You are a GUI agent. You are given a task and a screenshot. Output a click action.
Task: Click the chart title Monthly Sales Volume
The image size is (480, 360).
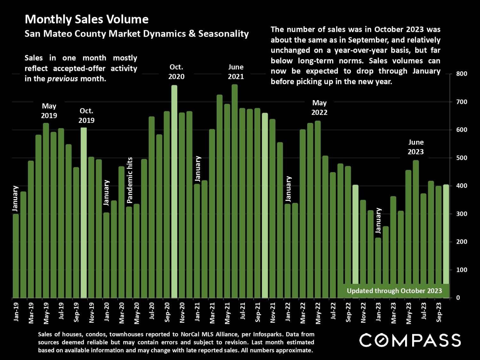(x=86, y=19)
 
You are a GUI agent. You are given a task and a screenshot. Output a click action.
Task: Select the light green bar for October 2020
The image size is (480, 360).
(x=174, y=192)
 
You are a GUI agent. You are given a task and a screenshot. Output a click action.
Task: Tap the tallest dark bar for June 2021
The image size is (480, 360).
(x=235, y=192)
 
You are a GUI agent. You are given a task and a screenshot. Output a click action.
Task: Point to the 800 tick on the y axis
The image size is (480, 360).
(x=461, y=74)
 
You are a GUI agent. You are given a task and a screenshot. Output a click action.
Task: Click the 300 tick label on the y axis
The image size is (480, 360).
(x=461, y=214)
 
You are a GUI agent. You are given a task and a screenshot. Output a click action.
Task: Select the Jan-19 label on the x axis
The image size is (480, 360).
(x=16, y=311)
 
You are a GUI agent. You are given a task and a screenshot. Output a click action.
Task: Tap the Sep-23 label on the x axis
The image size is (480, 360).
(x=439, y=312)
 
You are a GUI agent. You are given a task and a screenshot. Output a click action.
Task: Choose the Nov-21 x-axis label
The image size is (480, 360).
(x=273, y=312)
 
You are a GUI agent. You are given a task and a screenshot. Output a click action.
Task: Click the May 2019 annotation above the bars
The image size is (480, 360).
(x=49, y=111)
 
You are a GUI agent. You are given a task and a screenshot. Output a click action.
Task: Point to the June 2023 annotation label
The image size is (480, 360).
(x=416, y=147)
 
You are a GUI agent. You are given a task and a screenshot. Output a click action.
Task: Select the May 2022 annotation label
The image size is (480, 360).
(x=319, y=108)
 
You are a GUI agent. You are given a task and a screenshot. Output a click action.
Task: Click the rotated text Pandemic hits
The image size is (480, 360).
(x=130, y=180)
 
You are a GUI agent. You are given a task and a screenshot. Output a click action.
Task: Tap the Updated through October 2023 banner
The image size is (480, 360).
(x=394, y=291)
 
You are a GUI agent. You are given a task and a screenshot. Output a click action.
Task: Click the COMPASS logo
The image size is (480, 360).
(x=410, y=340)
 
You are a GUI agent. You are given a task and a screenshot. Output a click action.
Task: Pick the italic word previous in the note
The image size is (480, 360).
(x=62, y=79)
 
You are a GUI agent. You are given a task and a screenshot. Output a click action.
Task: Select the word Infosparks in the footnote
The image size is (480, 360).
(x=268, y=334)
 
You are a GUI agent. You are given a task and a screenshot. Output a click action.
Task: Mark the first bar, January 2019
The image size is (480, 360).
(x=15, y=256)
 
